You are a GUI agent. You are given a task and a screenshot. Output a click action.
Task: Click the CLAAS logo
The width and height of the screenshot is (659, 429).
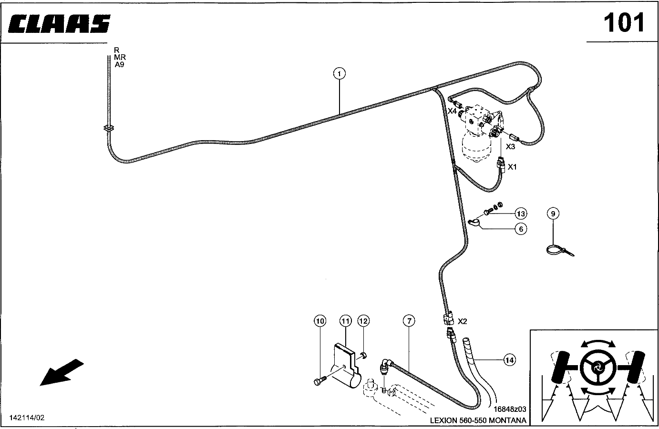[59, 23]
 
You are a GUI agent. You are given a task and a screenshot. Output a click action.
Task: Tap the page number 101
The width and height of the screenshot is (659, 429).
[624, 23]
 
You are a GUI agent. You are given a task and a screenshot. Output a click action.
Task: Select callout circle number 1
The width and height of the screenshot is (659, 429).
[340, 73]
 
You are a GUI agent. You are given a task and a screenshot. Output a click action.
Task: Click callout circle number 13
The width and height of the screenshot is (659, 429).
[521, 214]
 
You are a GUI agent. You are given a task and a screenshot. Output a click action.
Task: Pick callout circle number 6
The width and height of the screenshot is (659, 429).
[521, 229]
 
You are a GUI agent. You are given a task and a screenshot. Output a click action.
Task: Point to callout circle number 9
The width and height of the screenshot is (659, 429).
[553, 214]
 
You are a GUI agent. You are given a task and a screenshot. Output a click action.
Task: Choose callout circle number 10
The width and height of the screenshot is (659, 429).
[320, 321]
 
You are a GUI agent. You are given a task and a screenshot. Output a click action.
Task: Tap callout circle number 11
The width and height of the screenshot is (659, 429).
[346, 321]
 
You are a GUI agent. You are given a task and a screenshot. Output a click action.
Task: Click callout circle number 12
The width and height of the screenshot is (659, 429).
[363, 321]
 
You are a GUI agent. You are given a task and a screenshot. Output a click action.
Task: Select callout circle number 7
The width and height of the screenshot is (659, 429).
[409, 321]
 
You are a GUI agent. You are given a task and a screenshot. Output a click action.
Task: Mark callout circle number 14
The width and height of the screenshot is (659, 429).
[510, 360]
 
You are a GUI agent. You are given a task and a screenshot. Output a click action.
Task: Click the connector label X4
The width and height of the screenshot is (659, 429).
[452, 111]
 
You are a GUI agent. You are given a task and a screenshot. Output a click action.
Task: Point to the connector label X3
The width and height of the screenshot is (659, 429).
[510, 146]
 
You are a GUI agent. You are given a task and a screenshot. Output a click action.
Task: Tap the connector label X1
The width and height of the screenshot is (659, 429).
[512, 167]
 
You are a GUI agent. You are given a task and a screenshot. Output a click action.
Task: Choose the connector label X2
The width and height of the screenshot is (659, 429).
[462, 321]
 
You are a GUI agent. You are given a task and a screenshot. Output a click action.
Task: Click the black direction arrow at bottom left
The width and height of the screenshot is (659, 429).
[62, 372]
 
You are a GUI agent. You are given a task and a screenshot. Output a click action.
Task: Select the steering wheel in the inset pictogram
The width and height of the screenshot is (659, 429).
[598, 368]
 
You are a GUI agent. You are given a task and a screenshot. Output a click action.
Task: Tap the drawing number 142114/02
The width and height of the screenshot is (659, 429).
[27, 418]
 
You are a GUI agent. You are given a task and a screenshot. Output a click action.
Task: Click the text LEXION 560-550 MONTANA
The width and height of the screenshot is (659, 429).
[478, 420]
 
